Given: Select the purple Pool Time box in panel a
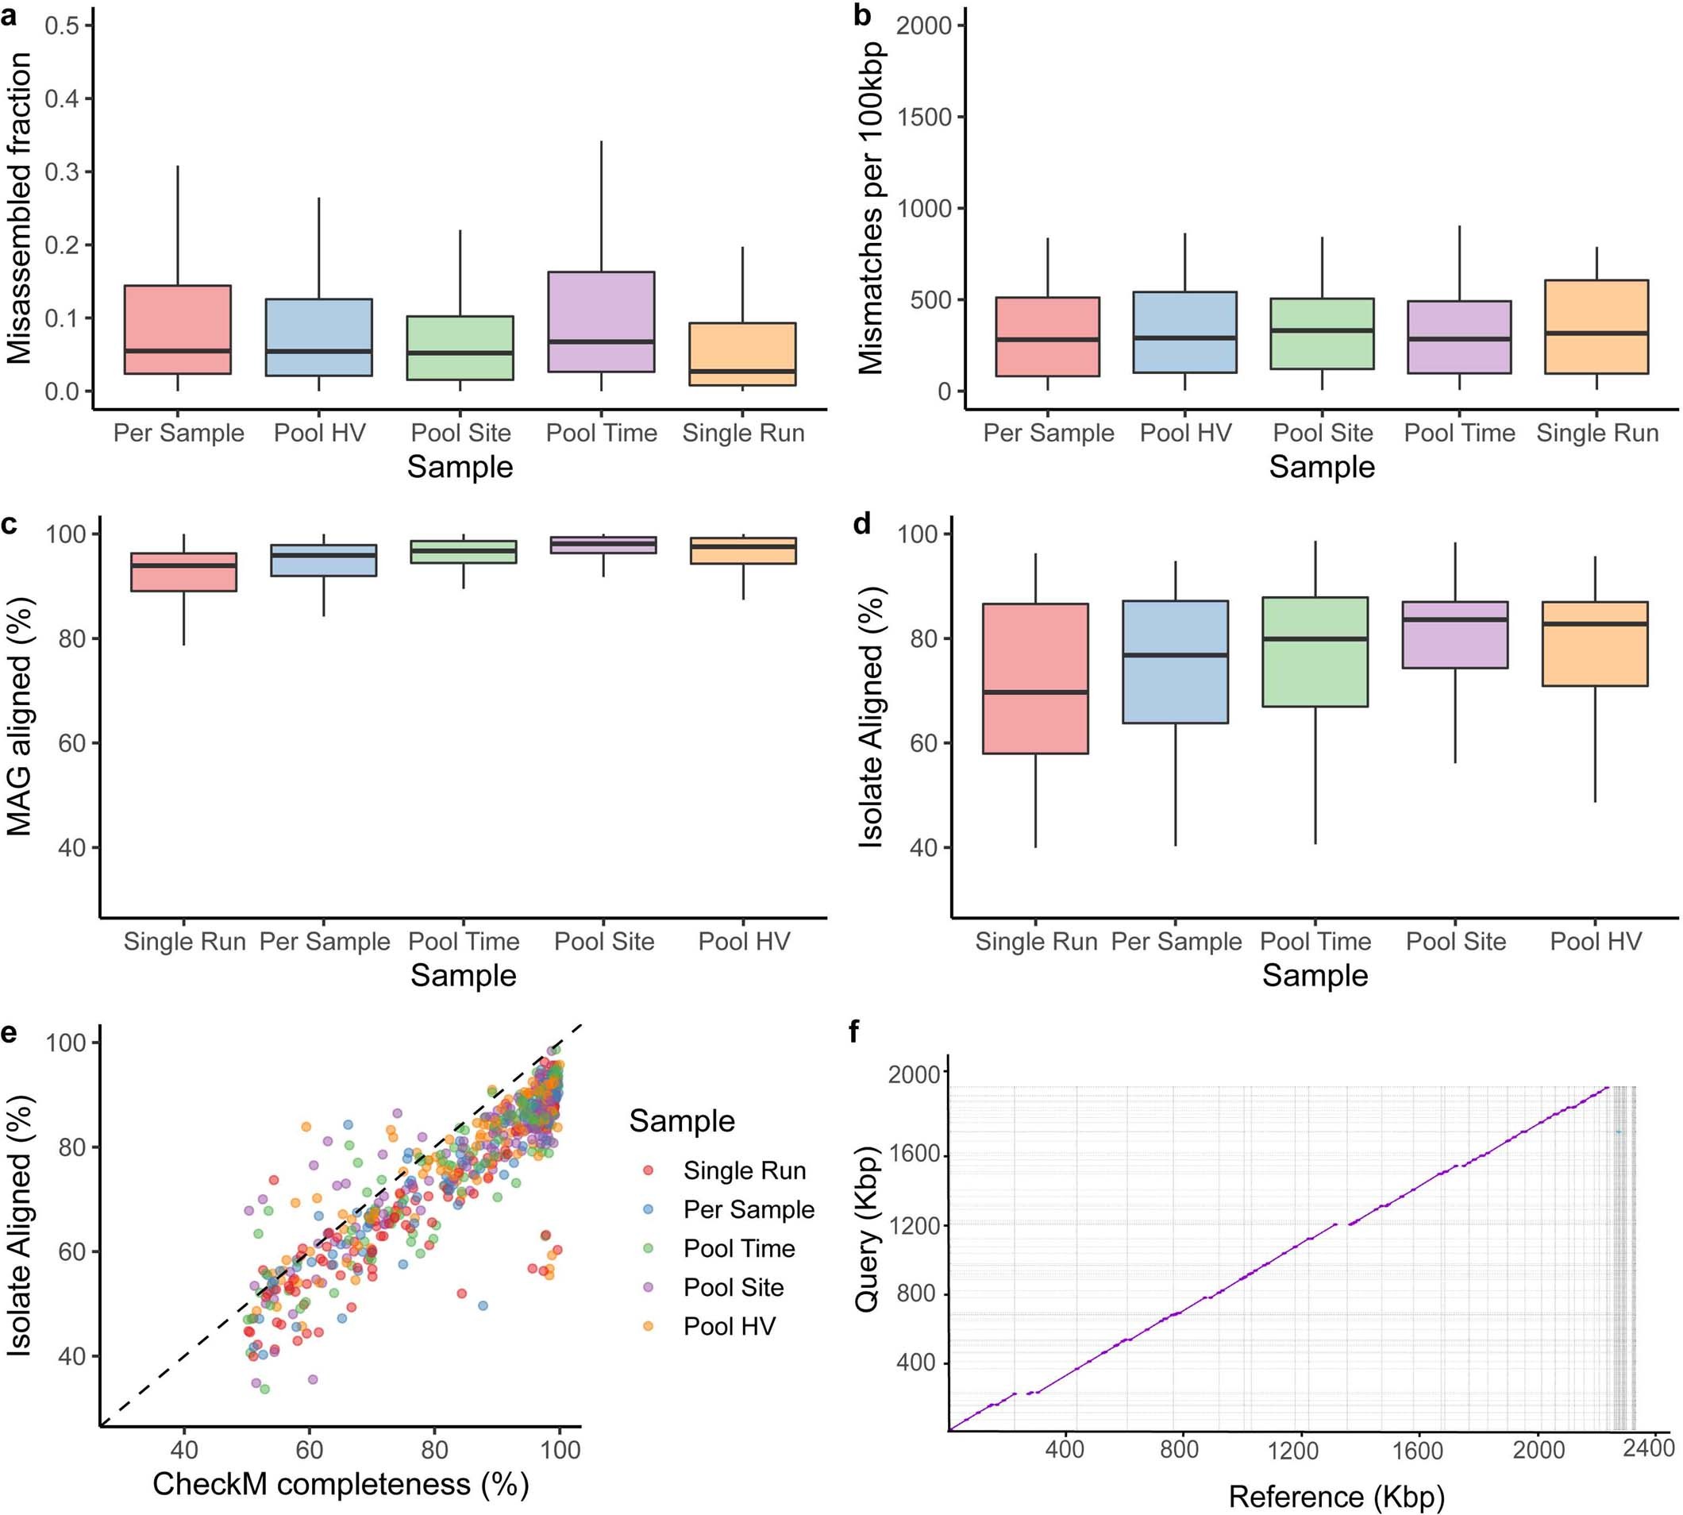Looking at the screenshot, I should [x=601, y=322].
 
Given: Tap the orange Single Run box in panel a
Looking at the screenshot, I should [x=742, y=354].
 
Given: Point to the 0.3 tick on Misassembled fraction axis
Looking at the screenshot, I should [x=63, y=172].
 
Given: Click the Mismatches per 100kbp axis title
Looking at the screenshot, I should [x=871, y=208].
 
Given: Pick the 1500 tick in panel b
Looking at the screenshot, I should [x=926, y=118].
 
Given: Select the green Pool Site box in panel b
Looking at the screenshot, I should [x=1322, y=333].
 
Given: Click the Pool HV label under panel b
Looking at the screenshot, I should [x=1185, y=433].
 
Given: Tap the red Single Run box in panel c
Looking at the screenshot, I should [x=184, y=572].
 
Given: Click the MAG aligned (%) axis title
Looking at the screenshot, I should [x=20, y=716].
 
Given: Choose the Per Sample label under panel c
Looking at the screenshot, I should [x=325, y=942].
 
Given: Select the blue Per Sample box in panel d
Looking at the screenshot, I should [x=1175, y=661].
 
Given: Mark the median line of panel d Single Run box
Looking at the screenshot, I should [x=1035, y=692].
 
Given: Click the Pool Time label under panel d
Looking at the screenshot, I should [x=1315, y=942].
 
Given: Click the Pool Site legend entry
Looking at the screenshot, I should [x=734, y=1287].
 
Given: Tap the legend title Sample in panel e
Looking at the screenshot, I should [x=682, y=1121].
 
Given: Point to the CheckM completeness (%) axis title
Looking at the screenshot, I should [x=341, y=1483].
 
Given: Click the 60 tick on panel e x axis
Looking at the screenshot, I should [x=309, y=1449].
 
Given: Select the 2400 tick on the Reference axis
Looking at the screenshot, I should [x=1648, y=1448].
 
